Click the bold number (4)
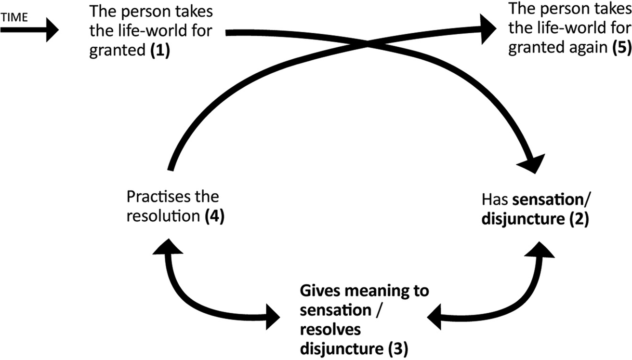coord(214,216)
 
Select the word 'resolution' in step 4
coord(163,216)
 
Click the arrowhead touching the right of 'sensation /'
coord(436,316)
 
